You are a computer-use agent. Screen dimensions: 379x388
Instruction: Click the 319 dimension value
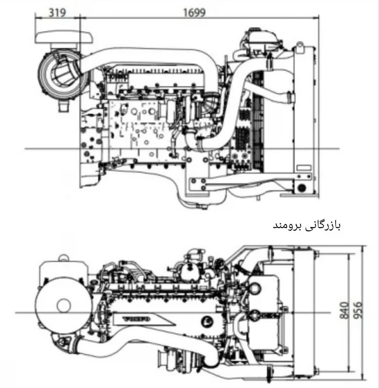pos(57,12)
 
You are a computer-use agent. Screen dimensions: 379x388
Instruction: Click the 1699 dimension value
pos(194,12)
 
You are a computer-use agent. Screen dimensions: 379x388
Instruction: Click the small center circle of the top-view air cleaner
pos(64,305)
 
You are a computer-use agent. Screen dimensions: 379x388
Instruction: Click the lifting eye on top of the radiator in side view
pos(299,47)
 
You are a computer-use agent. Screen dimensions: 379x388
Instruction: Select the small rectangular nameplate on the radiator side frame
pos(304,168)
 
